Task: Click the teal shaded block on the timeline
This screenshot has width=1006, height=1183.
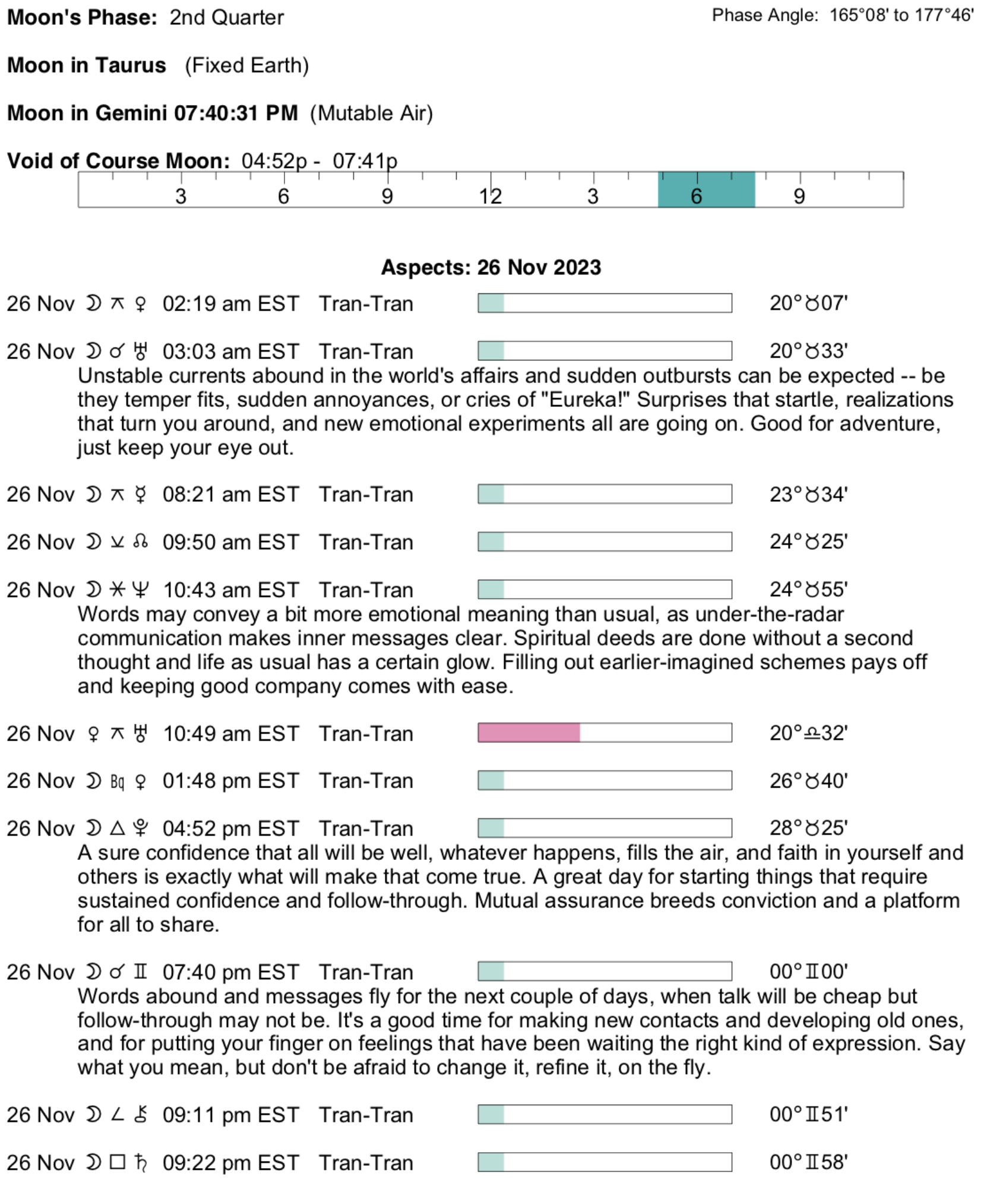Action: [x=706, y=190]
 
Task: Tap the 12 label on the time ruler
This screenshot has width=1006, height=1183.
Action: [x=491, y=197]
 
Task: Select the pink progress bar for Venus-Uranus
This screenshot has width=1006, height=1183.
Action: [x=529, y=733]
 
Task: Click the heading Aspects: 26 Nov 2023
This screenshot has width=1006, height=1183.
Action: [x=491, y=267]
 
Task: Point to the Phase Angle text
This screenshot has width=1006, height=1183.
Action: [x=843, y=15]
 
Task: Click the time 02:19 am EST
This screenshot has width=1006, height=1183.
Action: [x=230, y=303]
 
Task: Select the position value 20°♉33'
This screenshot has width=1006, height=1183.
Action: [x=808, y=351]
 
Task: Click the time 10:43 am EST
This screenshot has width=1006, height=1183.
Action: [x=230, y=590]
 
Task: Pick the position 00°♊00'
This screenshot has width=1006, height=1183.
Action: [x=808, y=972]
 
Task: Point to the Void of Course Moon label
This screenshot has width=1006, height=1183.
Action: [x=118, y=161]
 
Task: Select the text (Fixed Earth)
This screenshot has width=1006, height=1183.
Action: [x=246, y=65]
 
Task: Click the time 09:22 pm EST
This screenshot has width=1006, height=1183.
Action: [x=230, y=1163]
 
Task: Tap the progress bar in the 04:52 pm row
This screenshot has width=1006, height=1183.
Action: [x=605, y=828]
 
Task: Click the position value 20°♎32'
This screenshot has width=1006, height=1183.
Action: [x=808, y=733]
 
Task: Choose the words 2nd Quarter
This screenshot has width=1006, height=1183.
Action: [x=226, y=18]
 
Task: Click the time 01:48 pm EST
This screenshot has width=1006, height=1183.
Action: [x=230, y=781]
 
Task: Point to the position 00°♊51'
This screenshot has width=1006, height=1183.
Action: [x=808, y=1115]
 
